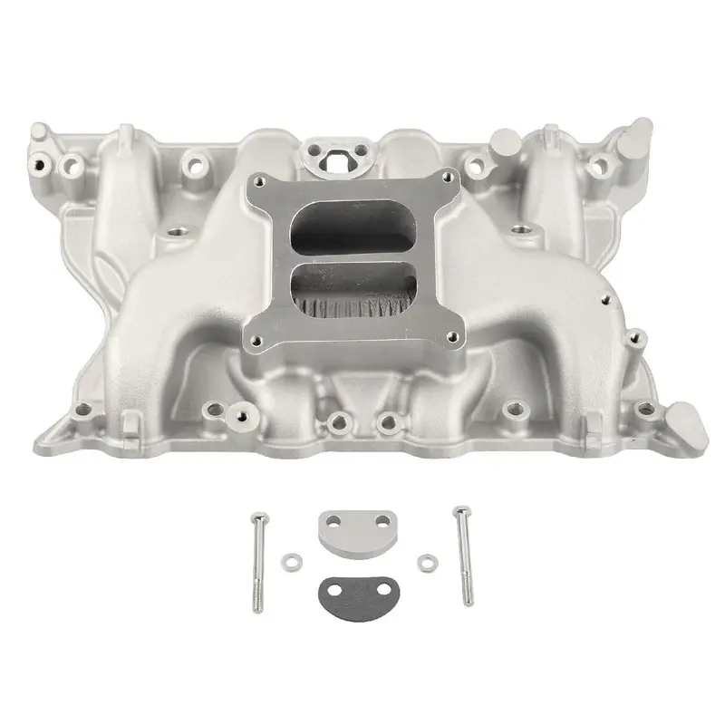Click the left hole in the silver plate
(x=333, y=523)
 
